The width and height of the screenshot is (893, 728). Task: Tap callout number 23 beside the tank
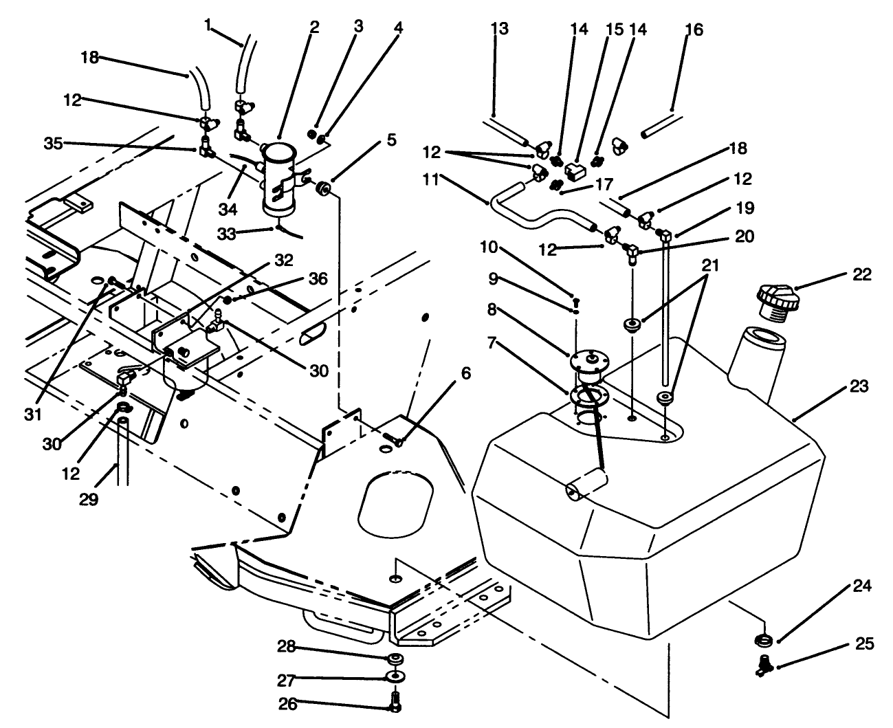click(x=859, y=388)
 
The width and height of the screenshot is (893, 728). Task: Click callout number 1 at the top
click(x=208, y=25)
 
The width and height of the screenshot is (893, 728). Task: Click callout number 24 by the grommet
click(x=863, y=586)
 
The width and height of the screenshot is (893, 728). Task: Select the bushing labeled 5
click(x=324, y=187)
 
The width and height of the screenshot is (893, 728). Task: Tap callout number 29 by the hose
click(x=89, y=499)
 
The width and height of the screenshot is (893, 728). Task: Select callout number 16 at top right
click(x=694, y=30)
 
